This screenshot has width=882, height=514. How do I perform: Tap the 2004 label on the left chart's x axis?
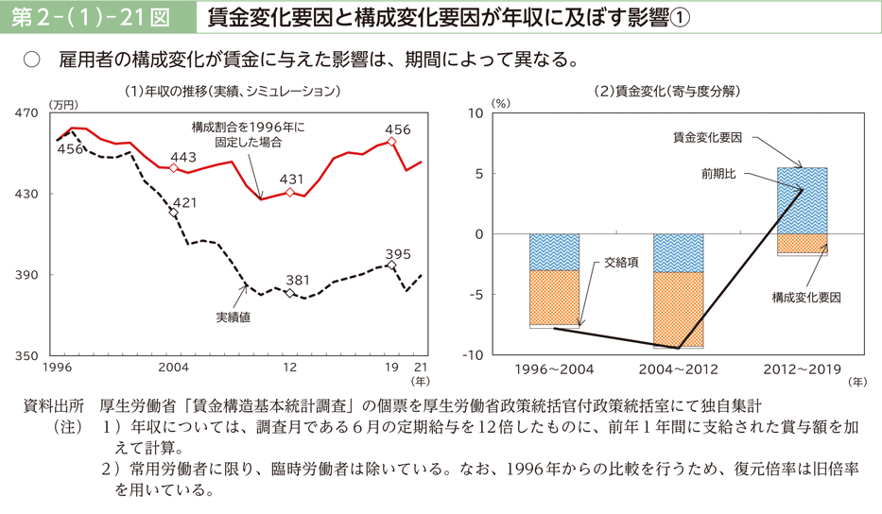click(173, 367)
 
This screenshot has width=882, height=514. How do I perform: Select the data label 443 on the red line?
click(183, 157)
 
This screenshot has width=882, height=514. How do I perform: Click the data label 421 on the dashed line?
click(184, 203)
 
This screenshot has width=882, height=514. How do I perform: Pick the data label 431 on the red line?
click(291, 180)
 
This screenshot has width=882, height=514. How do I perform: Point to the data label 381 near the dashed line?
click(298, 281)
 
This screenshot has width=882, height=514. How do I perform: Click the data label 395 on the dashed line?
click(398, 253)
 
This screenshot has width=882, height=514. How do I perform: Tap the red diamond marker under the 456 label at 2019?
click(391, 142)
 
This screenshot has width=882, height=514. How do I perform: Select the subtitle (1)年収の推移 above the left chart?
click(232, 92)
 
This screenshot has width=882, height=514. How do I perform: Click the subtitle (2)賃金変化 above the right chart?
click(666, 92)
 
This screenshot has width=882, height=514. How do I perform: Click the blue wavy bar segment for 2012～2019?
click(802, 200)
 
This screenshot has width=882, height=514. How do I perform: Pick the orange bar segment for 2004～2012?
click(678, 308)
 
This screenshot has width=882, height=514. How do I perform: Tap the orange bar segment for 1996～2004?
click(554, 297)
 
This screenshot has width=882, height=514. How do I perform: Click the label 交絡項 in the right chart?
click(621, 264)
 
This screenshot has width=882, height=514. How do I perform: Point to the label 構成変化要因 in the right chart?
click(805, 297)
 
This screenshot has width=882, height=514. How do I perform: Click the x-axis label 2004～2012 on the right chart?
click(678, 367)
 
